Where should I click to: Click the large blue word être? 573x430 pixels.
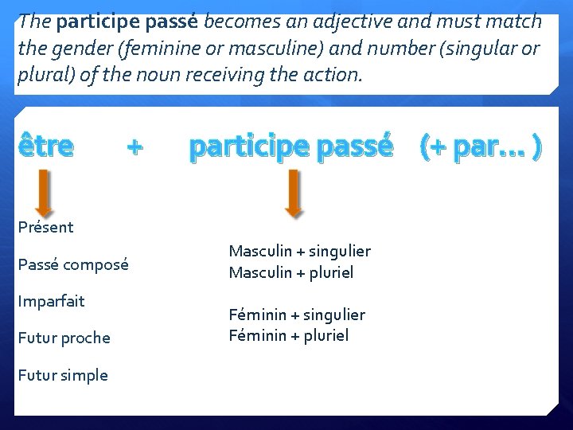[45, 147]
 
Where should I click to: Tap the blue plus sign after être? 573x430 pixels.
[135, 147]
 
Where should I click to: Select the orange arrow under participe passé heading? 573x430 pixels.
[293, 193]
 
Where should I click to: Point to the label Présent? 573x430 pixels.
[45, 227]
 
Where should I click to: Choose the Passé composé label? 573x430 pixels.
[73, 264]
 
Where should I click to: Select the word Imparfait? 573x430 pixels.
[51, 301]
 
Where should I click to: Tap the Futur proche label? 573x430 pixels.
[64, 338]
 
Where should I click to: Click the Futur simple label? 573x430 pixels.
[63, 375]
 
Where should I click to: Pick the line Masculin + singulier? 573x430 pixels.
[299, 252]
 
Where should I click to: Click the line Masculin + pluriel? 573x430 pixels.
[290, 272]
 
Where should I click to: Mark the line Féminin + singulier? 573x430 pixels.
[297, 315]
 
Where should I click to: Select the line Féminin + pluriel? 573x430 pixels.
[288, 335]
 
